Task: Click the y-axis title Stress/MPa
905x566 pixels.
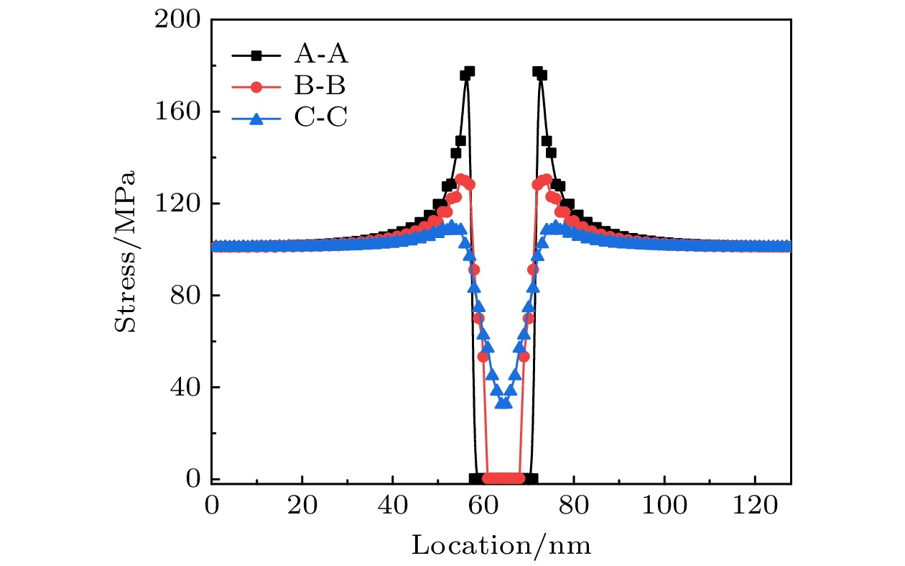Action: click(x=125, y=250)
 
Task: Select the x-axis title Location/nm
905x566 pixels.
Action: click(x=501, y=545)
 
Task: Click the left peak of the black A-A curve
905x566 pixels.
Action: click(x=469, y=71)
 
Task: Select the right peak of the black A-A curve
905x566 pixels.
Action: click(x=537, y=71)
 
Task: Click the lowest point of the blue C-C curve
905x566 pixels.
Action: click(x=503, y=403)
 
